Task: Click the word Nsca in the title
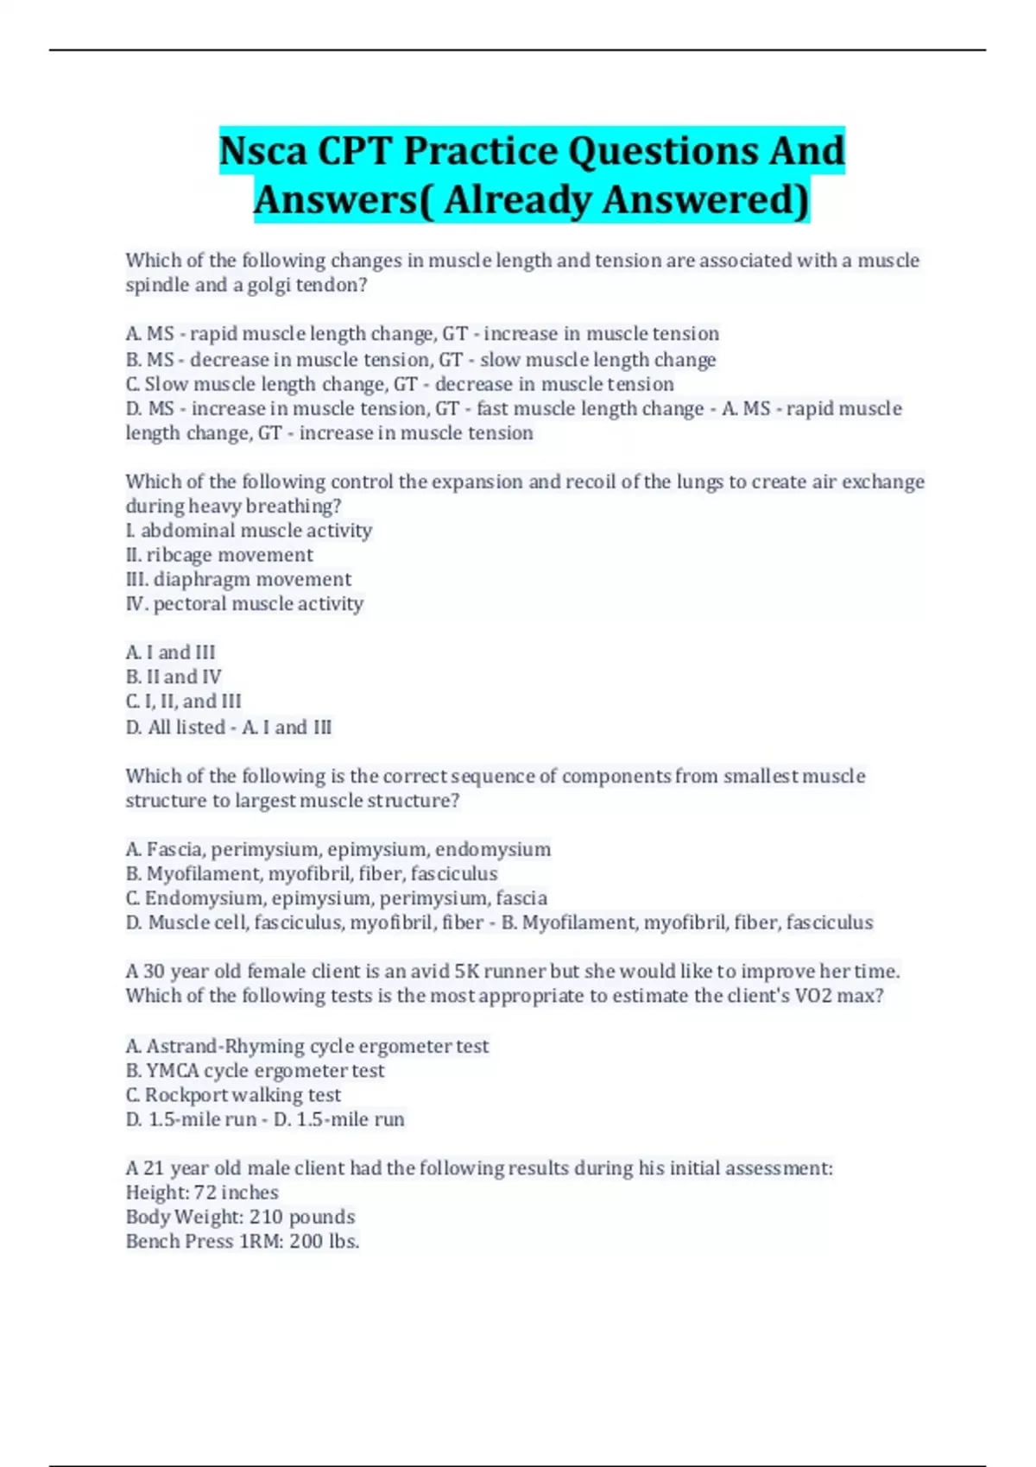[x=262, y=151]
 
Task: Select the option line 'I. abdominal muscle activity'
[x=249, y=531]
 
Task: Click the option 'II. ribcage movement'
[x=219, y=555]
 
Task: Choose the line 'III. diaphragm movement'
[x=238, y=579]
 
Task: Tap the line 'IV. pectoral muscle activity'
[x=244, y=604]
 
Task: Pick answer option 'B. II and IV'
[x=174, y=677]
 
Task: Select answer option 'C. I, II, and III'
[x=183, y=702]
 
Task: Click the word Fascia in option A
[x=176, y=850]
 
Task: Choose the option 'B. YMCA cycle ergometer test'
[x=255, y=1071]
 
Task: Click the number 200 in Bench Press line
[x=306, y=1242]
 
